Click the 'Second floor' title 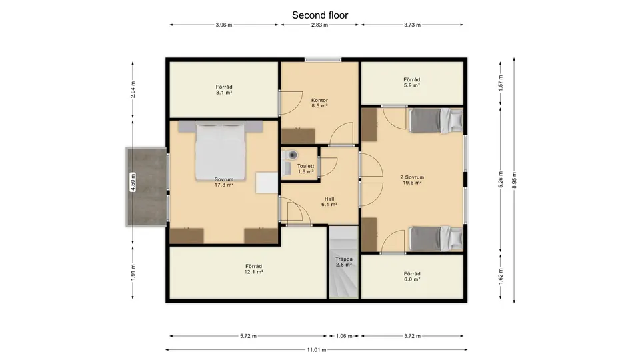pyautogui.click(x=320, y=15)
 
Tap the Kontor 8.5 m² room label pyautogui.click(x=319, y=103)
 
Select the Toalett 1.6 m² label pyautogui.click(x=306, y=168)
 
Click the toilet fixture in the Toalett pyautogui.click(x=287, y=154)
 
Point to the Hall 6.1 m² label pyautogui.click(x=329, y=202)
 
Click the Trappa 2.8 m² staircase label pyautogui.click(x=343, y=261)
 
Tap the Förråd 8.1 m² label pyautogui.click(x=223, y=90)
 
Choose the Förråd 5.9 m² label pyautogui.click(x=411, y=82)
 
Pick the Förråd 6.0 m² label pyautogui.click(x=411, y=276)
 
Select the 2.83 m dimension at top pyautogui.click(x=320, y=25)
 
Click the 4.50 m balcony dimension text pyautogui.click(x=133, y=181)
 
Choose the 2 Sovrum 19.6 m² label pyautogui.click(x=411, y=180)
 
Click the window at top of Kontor pyautogui.click(x=323, y=59)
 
